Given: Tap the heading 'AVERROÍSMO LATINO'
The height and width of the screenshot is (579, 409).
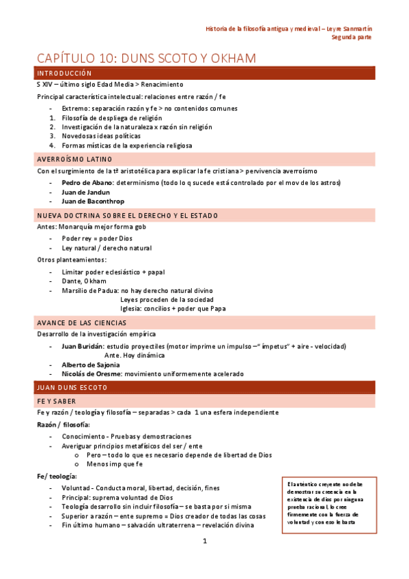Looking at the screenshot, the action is tap(75, 159).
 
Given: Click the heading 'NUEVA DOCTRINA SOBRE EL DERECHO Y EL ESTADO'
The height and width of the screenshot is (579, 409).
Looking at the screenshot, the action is tap(128, 216).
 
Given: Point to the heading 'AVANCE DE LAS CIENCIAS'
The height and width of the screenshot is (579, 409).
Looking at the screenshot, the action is tap(81, 322).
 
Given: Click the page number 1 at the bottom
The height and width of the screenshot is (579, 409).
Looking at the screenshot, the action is tap(204, 541).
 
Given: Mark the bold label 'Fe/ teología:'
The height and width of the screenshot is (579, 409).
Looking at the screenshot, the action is tap(57, 476).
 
